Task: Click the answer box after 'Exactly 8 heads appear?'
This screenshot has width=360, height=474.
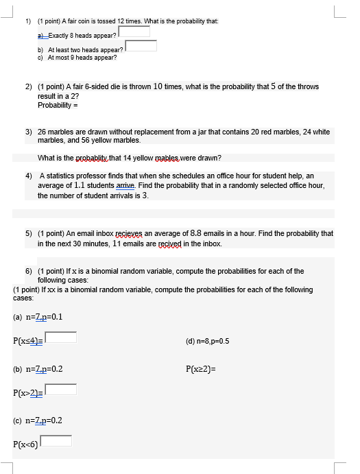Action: pyautogui.click(x=134, y=32)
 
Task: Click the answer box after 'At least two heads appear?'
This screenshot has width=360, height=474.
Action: pyautogui.click(x=141, y=46)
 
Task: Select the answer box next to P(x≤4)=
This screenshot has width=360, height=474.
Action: pyautogui.click(x=61, y=337)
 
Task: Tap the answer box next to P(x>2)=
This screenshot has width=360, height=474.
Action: pyautogui.click(x=61, y=390)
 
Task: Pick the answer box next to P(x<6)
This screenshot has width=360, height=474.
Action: pyautogui.click(x=57, y=441)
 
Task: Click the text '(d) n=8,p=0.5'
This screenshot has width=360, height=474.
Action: pyautogui.click(x=208, y=341)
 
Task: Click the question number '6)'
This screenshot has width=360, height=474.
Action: pyautogui.click(x=29, y=271)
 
